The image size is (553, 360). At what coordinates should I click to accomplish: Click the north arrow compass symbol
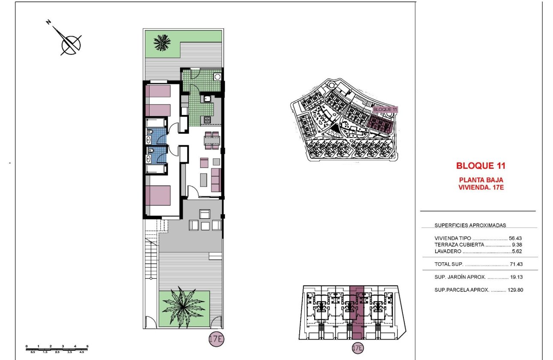click(x=70, y=43)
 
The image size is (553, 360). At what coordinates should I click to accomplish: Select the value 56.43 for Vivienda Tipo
click(x=516, y=238)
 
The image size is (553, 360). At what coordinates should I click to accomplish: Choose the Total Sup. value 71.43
click(x=516, y=264)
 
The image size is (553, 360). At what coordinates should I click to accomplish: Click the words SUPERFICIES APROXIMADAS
click(x=470, y=225)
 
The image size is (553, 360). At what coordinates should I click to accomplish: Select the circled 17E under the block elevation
click(x=357, y=348)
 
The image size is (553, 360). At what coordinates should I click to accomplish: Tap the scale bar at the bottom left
click(x=57, y=348)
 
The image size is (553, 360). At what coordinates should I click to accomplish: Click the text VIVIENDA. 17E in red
click(x=481, y=187)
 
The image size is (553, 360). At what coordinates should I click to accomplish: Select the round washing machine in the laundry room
click(x=217, y=77)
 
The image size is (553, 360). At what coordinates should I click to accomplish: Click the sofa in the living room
click(x=216, y=180)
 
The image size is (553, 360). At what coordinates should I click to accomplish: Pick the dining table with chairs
click(x=212, y=141)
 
